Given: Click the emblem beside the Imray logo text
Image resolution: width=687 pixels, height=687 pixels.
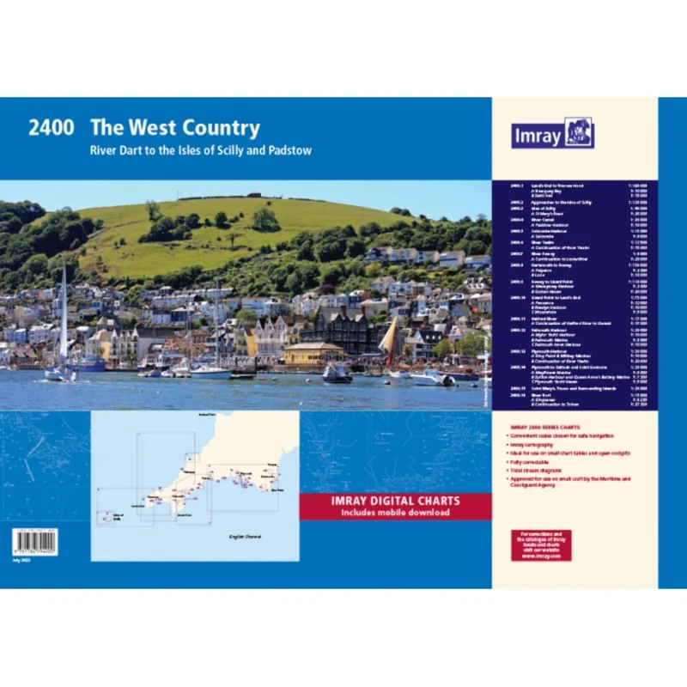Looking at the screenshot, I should coord(579,133).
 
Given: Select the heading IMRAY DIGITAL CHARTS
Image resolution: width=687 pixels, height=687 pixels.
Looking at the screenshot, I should coord(395,501).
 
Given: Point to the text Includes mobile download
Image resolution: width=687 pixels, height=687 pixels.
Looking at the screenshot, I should coord(395,513).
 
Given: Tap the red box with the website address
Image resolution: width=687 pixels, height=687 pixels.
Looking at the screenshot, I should coord(540,546).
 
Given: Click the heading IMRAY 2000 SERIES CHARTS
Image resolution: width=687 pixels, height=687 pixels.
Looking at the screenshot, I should coord(537,428).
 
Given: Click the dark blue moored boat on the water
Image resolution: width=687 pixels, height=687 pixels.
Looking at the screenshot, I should coord(337,374).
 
